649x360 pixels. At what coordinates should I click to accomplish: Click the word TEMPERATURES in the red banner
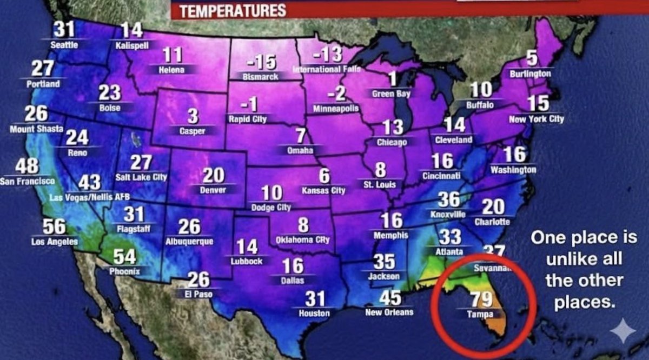click(232, 10)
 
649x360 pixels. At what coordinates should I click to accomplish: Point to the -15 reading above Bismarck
click(260, 63)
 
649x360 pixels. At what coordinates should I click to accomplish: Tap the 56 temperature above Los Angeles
click(54, 226)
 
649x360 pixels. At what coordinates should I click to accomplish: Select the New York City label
click(536, 118)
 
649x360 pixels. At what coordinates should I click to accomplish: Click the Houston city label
click(314, 313)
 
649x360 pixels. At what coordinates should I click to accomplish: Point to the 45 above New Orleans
click(389, 298)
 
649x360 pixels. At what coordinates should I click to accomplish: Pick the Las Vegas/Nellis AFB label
click(87, 197)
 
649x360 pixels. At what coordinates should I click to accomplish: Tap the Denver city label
click(213, 190)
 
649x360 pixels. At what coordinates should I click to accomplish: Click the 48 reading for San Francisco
click(27, 165)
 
